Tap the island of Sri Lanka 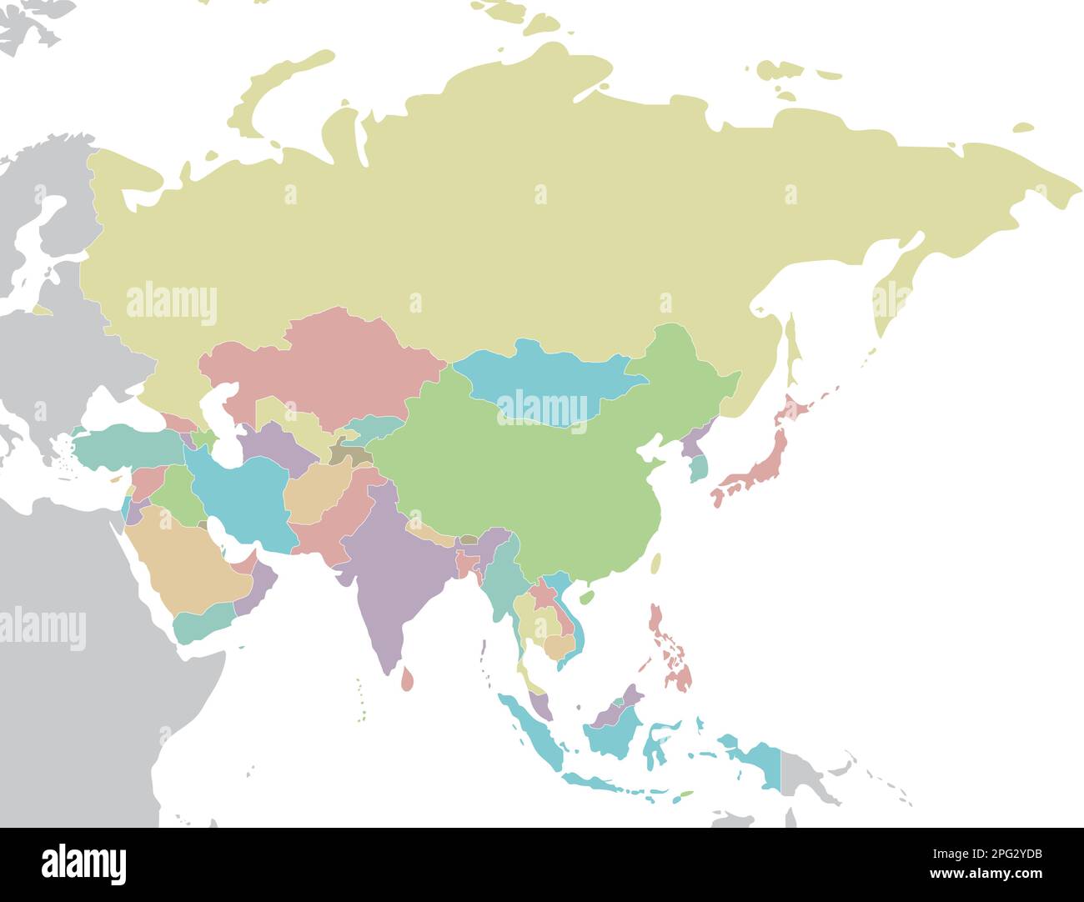click(407, 677)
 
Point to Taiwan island click(655, 564)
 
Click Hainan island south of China click(586, 597)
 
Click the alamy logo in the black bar click(83, 864)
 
